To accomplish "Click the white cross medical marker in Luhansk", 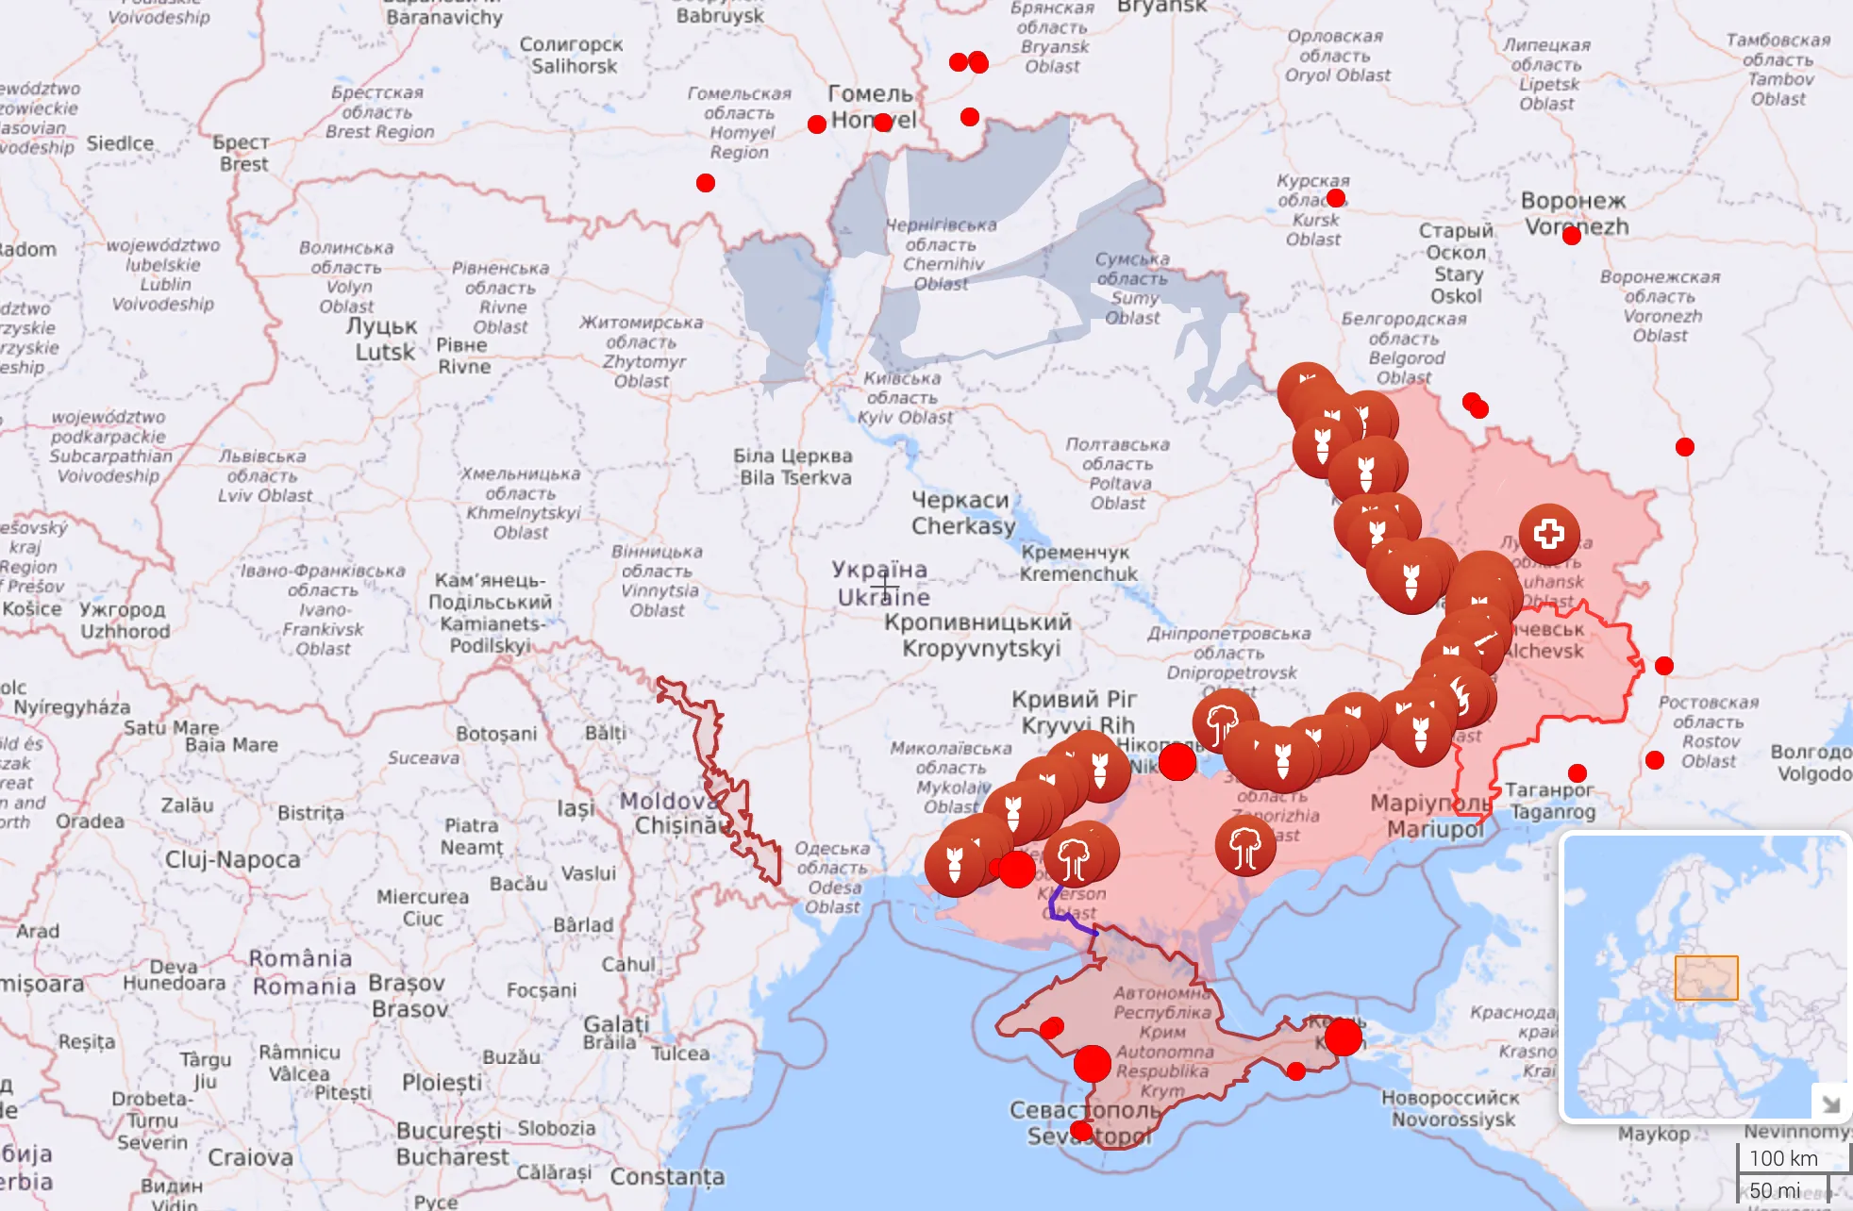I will click(x=1548, y=534).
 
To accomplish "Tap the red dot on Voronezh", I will click(x=1571, y=236).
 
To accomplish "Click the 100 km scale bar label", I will click(x=1782, y=1158).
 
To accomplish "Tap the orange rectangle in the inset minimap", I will click(x=1706, y=978).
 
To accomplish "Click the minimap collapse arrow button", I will click(x=1829, y=1103).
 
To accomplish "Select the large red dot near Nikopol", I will click(x=1177, y=761).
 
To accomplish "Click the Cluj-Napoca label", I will click(x=233, y=859).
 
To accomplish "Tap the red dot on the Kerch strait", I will click(x=1343, y=1037).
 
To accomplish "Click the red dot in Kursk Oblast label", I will click(x=1336, y=198).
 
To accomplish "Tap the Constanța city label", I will click(x=667, y=1176).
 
